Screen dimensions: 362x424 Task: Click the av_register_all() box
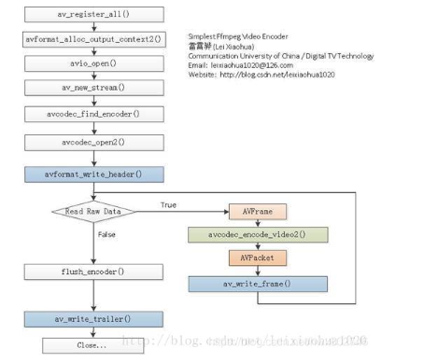coord(92,16)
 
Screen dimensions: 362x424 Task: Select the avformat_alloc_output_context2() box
coord(92,39)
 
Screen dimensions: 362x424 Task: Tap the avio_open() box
coord(92,63)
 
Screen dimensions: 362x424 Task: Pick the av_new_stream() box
coord(92,88)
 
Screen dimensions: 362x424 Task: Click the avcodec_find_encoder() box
coord(92,114)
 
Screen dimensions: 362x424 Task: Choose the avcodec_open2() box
coord(92,143)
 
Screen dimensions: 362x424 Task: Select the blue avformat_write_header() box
coord(92,174)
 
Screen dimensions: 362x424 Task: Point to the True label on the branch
coord(168,205)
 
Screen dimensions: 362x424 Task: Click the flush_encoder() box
coord(92,271)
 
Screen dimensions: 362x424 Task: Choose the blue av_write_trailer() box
coord(92,318)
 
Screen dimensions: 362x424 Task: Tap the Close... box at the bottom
coord(92,344)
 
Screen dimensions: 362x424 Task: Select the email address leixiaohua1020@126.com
coord(253,65)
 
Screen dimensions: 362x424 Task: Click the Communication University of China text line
coord(280,55)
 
